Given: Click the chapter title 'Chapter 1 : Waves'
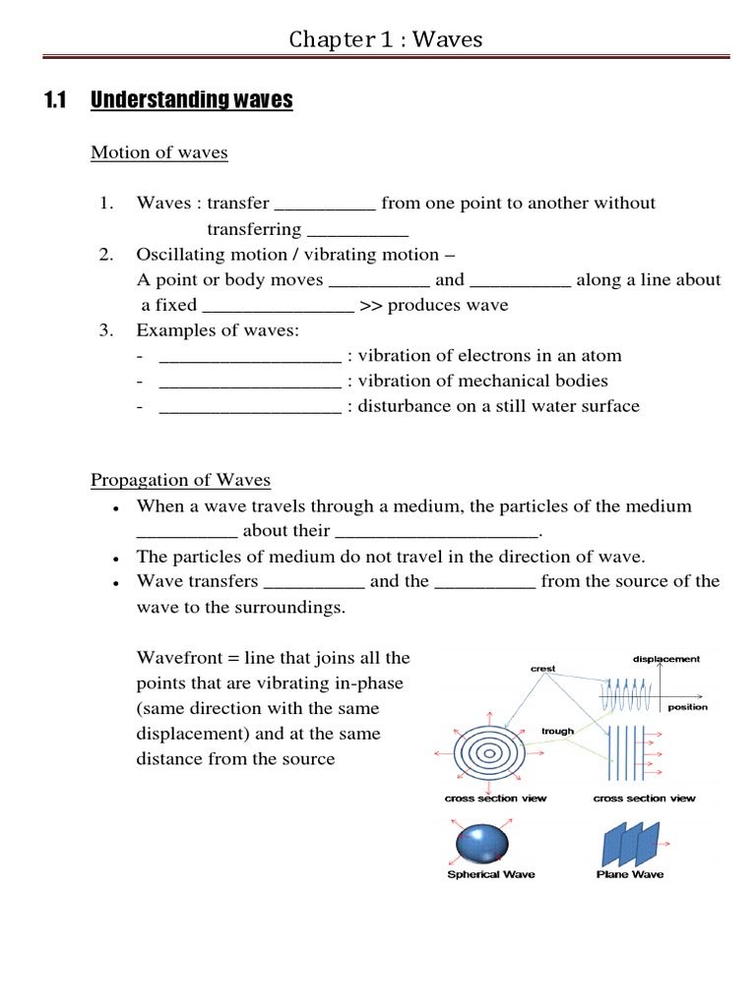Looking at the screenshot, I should [x=385, y=40].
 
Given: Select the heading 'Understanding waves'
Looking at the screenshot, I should [x=192, y=100].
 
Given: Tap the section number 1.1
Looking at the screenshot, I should [x=54, y=100].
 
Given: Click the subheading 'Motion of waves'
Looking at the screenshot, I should [x=158, y=152].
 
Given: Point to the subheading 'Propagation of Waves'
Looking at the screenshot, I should [x=180, y=480].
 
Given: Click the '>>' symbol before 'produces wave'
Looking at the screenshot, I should [x=371, y=306].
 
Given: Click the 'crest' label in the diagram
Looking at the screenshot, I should [x=542, y=669].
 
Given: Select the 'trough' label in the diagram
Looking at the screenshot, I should [x=557, y=732].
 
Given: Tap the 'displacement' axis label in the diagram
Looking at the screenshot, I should [x=665, y=659].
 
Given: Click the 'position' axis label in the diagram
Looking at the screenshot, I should [x=687, y=707].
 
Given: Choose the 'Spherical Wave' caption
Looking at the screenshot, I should [x=491, y=874].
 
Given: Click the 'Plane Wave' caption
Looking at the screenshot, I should [x=630, y=874].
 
